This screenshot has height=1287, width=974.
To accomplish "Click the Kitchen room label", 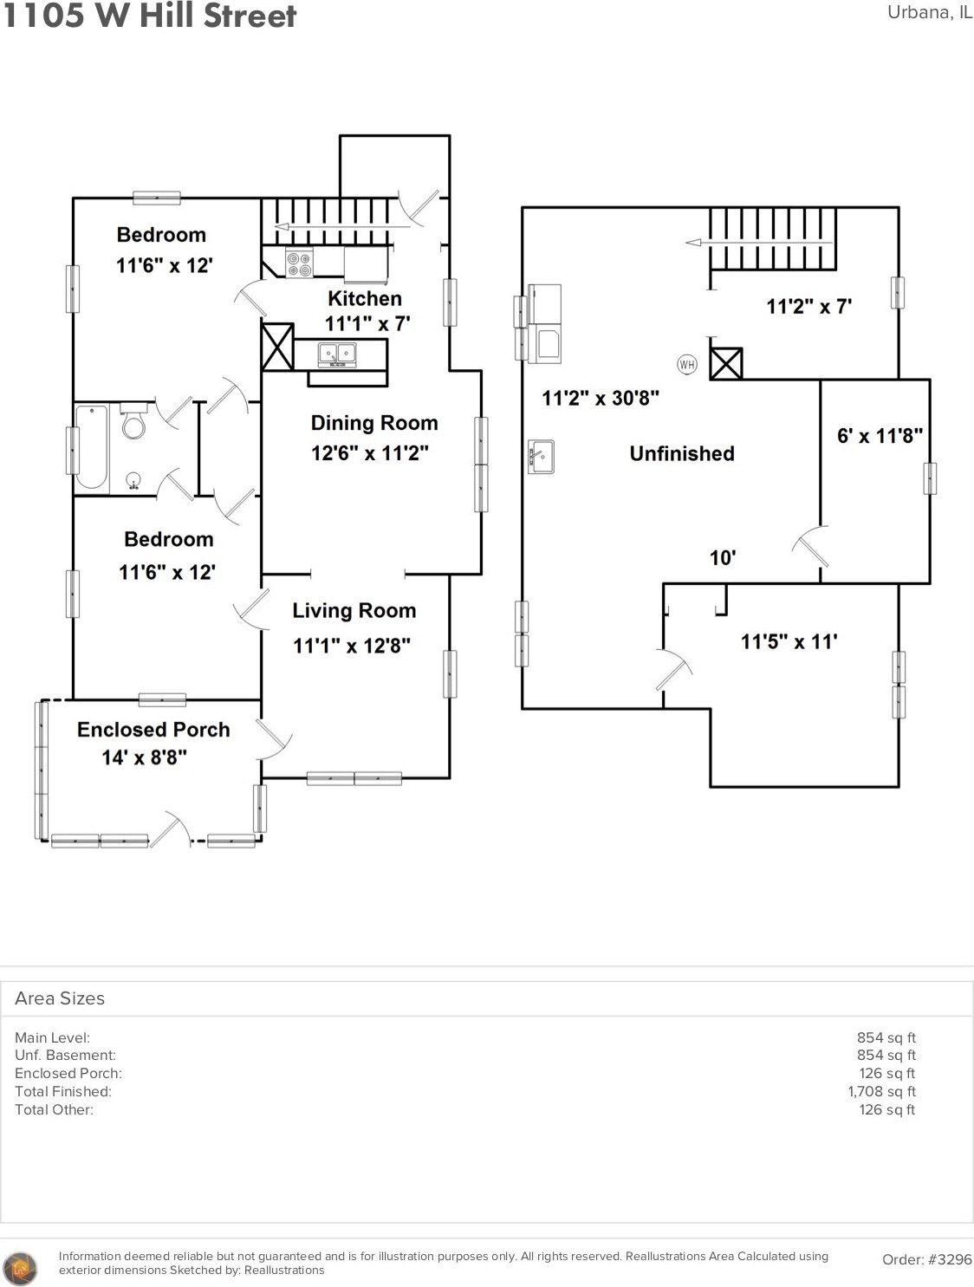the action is [x=365, y=298].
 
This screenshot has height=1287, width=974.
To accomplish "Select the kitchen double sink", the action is [x=337, y=354].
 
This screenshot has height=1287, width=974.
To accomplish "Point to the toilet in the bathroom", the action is [x=133, y=421].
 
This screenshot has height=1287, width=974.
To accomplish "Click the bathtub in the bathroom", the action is [x=92, y=447].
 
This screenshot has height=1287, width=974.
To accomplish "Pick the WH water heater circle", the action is [x=687, y=365].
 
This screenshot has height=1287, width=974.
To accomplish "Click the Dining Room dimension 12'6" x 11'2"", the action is [x=370, y=453].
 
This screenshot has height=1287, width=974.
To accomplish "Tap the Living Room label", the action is [x=354, y=610].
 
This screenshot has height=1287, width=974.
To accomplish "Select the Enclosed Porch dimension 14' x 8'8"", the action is [x=144, y=757].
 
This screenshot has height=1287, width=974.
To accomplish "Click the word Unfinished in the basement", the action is [x=682, y=453].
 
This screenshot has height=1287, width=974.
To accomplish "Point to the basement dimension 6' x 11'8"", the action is [x=880, y=436].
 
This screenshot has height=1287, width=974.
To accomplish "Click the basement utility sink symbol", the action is [x=541, y=457].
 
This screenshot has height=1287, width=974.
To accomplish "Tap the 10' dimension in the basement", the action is [x=723, y=557].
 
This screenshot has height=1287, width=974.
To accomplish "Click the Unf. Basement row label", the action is [x=65, y=1055].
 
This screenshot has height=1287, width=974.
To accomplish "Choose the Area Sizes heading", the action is [x=60, y=998].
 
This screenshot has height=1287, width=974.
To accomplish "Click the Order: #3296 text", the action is [x=927, y=1259].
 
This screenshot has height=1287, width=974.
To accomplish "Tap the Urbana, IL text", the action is [x=930, y=12].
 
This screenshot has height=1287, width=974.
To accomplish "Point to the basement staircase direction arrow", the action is [x=759, y=242].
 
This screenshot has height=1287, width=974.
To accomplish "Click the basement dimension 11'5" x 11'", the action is [x=789, y=641].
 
